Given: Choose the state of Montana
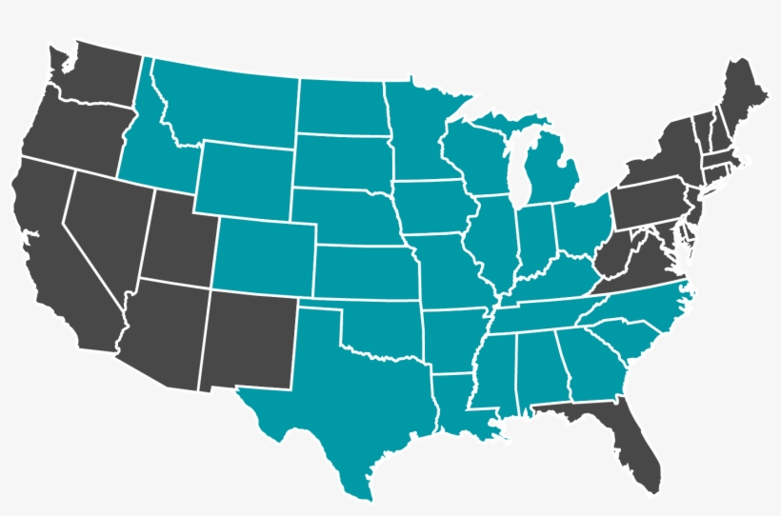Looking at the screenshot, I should tap(229, 105).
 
